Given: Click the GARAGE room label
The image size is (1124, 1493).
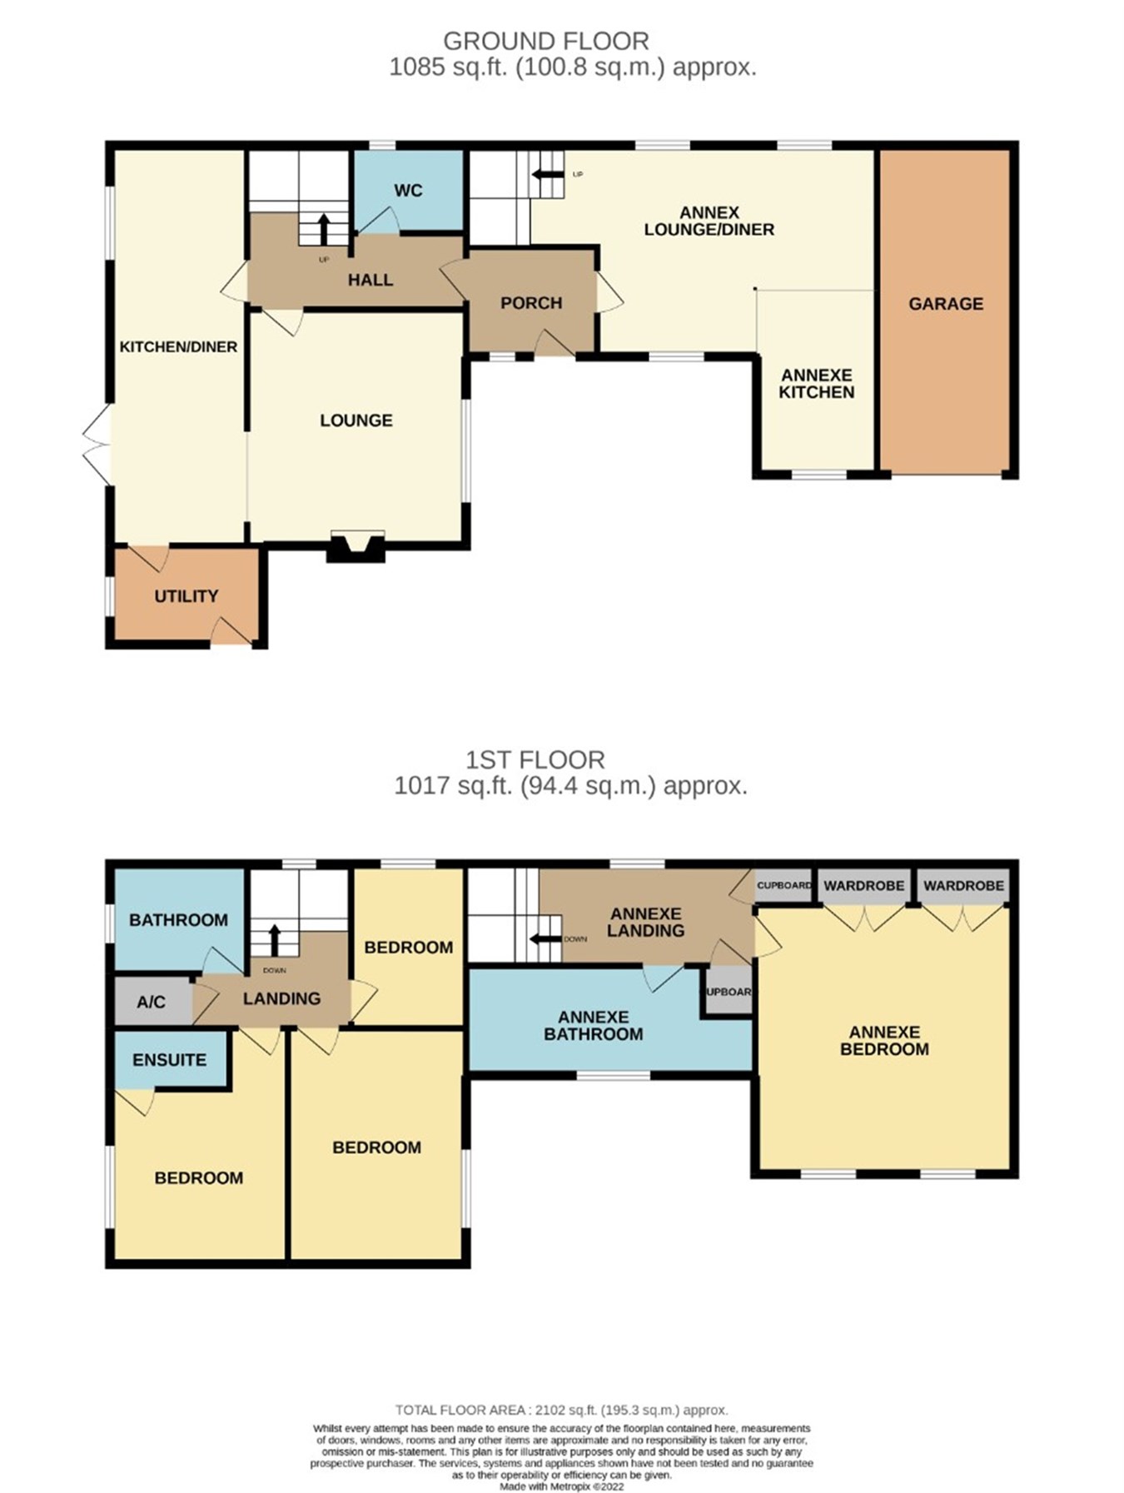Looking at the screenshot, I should click(945, 304).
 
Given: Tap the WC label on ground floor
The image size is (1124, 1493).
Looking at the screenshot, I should click(408, 191).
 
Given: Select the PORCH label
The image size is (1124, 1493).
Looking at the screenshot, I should click(531, 303).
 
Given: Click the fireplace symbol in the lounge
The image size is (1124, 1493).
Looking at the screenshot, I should click(356, 547).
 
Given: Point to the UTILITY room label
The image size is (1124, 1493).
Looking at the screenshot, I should click(186, 596).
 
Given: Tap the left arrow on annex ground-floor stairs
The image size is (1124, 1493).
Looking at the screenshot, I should click(547, 174).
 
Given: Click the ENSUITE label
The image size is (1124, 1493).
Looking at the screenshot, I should click(169, 1060).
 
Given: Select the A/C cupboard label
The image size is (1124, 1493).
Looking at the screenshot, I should click(151, 1002).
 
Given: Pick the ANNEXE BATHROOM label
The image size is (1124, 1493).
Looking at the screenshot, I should click(593, 1026).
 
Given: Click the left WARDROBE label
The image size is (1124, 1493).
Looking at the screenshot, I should click(863, 886).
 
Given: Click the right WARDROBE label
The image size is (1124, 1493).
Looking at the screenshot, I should click(963, 886).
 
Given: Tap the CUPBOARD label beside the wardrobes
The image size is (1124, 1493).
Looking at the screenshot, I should click(783, 886).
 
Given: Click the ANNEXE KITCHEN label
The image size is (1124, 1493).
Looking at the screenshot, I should click(816, 384).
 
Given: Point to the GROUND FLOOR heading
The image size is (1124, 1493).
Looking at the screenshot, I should click(545, 41).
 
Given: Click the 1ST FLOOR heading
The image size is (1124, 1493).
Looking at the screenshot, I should click(535, 759).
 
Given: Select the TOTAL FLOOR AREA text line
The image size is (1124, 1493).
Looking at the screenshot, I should click(561, 1410).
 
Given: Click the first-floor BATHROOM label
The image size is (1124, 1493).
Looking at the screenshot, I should click(178, 920).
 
